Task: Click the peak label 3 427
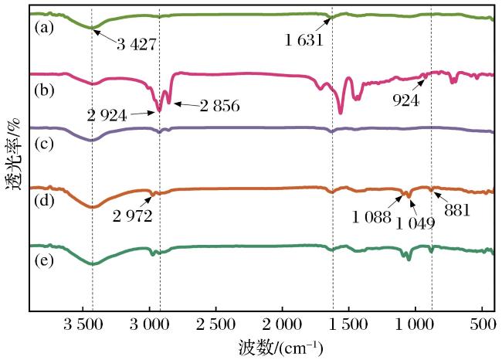click(x=137, y=44)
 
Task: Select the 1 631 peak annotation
click(x=304, y=40)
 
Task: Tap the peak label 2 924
click(x=107, y=115)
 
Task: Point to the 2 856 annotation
click(x=220, y=105)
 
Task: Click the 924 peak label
click(x=406, y=100)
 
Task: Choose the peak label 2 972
click(x=133, y=216)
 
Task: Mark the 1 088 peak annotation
click(x=371, y=217)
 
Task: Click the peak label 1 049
click(x=416, y=223)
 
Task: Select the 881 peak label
click(x=457, y=210)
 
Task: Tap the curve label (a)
click(x=44, y=28)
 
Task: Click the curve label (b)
click(x=44, y=90)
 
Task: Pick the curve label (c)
click(x=44, y=144)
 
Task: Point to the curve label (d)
click(x=44, y=201)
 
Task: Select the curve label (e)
click(x=44, y=260)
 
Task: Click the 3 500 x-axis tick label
click(x=83, y=324)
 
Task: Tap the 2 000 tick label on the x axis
click(x=282, y=324)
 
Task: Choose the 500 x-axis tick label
click(x=483, y=324)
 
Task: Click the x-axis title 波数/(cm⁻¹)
click(x=280, y=347)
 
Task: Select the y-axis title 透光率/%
click(x=13, y=155)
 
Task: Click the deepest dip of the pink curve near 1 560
click(x=341, y=113)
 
